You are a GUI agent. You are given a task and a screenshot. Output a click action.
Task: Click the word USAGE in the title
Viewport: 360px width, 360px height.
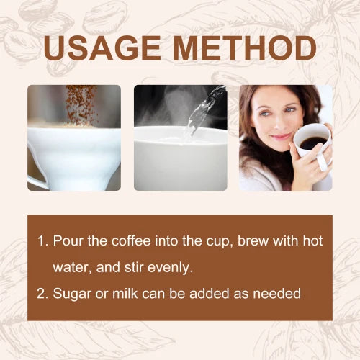(102, 48)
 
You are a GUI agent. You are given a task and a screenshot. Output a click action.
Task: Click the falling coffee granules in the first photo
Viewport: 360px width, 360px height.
(81, 105)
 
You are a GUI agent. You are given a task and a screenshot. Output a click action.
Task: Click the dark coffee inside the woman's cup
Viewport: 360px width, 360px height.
(313, 143)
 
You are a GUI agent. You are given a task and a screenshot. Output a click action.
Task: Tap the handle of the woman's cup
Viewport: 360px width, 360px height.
(322, 161)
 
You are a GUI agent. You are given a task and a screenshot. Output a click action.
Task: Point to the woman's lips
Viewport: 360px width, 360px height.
(280, 138)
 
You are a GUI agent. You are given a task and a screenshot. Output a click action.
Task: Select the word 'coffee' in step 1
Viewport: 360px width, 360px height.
(131, 240)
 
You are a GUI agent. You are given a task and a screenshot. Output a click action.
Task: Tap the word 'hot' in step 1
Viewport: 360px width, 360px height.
(312, 240)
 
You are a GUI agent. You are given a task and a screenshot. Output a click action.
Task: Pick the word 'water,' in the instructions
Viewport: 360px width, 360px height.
(72, 267)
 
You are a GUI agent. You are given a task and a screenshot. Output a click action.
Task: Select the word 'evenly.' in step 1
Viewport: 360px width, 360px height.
(170, 267)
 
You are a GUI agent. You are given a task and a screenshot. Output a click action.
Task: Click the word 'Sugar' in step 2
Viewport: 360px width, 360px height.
(72, 294)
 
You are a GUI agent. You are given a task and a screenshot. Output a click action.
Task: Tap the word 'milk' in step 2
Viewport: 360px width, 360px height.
(125, 293)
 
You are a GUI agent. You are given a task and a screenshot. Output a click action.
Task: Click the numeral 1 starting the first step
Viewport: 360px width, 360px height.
(41, 240)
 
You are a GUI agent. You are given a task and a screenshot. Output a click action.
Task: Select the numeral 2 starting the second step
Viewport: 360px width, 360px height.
(42, 293)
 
